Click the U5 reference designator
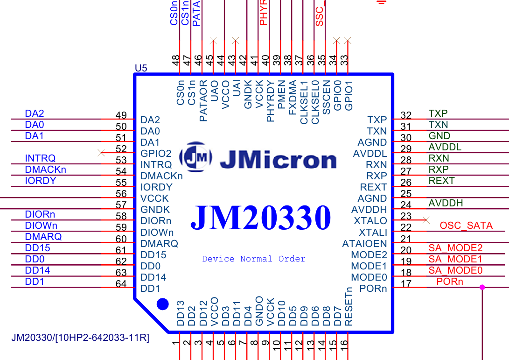141,69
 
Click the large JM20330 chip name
261,218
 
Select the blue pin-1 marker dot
162,304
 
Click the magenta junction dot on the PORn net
482,288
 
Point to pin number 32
406,115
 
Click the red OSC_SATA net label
466,226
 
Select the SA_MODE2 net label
455,248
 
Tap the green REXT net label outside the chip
441,181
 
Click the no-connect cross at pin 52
101,153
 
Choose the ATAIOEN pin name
364,243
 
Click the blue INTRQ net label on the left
40,158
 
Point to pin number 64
121,283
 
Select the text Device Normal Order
254,259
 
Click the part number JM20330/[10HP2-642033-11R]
80,338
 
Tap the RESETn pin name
349,307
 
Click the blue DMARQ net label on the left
43,237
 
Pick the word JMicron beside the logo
278,160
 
